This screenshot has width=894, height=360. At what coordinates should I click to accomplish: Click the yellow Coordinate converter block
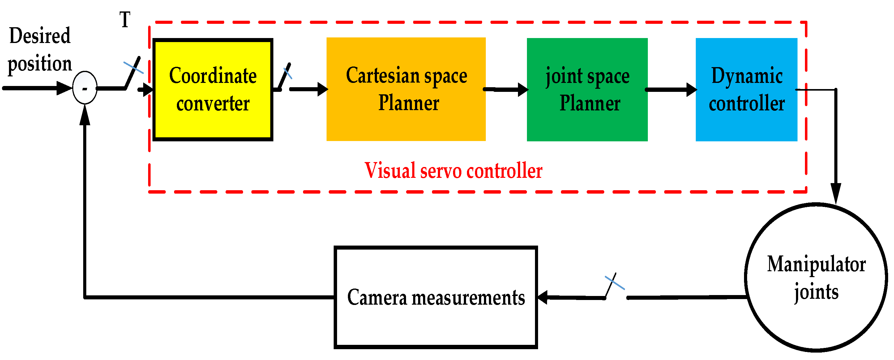[213, 90]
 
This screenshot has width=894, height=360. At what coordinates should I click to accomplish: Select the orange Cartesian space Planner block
[406, 89]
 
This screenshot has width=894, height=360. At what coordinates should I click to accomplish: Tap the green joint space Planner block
[587, 90]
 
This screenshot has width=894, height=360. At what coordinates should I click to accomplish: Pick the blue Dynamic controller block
[746, 90]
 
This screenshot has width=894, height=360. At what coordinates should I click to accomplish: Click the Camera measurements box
[435, 298]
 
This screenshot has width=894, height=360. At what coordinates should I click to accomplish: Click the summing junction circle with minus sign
[85, 88]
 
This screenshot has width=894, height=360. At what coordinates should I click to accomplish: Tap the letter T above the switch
[125, 19]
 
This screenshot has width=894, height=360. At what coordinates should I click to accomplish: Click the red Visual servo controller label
[453, 171]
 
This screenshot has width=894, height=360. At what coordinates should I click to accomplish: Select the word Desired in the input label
[40, 36]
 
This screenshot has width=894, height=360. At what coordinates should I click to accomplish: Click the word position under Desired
[40, 63]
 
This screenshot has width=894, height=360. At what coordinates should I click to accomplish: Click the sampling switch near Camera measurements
[612, 285]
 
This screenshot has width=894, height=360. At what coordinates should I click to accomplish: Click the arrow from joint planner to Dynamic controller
[672, 90]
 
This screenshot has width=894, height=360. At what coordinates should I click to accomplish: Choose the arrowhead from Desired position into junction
[64, 88]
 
